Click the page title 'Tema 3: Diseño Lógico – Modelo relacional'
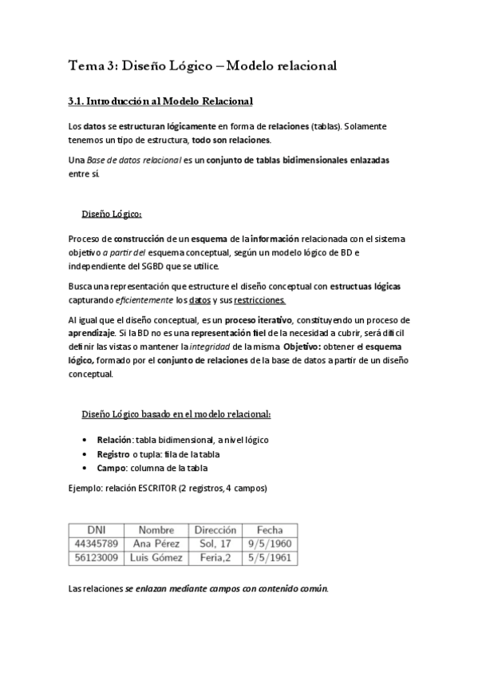203,67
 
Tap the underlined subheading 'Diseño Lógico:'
112,214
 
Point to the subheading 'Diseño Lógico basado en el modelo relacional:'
176,414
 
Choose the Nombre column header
156,529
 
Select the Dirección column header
215,529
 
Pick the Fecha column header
270,529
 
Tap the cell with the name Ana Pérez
156,544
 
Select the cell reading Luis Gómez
156,557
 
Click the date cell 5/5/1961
270,557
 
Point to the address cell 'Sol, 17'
215,544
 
